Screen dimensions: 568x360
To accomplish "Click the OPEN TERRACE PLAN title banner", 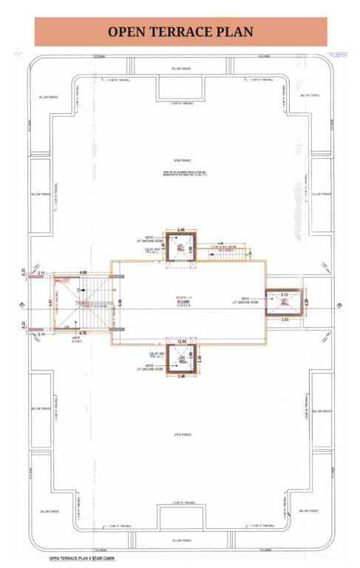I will [x=180, y=31].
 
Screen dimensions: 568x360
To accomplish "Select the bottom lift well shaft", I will [x=180, y=360].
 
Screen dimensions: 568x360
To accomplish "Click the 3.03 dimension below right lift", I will [x=285, y=319].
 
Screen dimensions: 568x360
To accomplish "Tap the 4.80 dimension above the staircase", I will [x=84, y=273].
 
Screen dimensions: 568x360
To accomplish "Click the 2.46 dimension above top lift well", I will [x=180, y=230].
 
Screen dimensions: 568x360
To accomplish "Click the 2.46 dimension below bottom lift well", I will [x=180, y=377].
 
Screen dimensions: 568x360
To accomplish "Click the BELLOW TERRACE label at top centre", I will [x=181, y=68].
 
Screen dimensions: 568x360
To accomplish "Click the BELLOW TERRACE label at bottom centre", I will [x=181, y=541].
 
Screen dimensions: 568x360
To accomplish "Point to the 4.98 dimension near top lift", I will [x=220, y=243].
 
